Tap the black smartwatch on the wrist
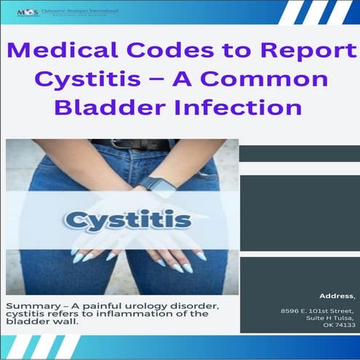[161, 185]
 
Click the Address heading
[337, 296]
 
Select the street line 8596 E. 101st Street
[317, 311]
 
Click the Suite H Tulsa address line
[331, 318]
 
